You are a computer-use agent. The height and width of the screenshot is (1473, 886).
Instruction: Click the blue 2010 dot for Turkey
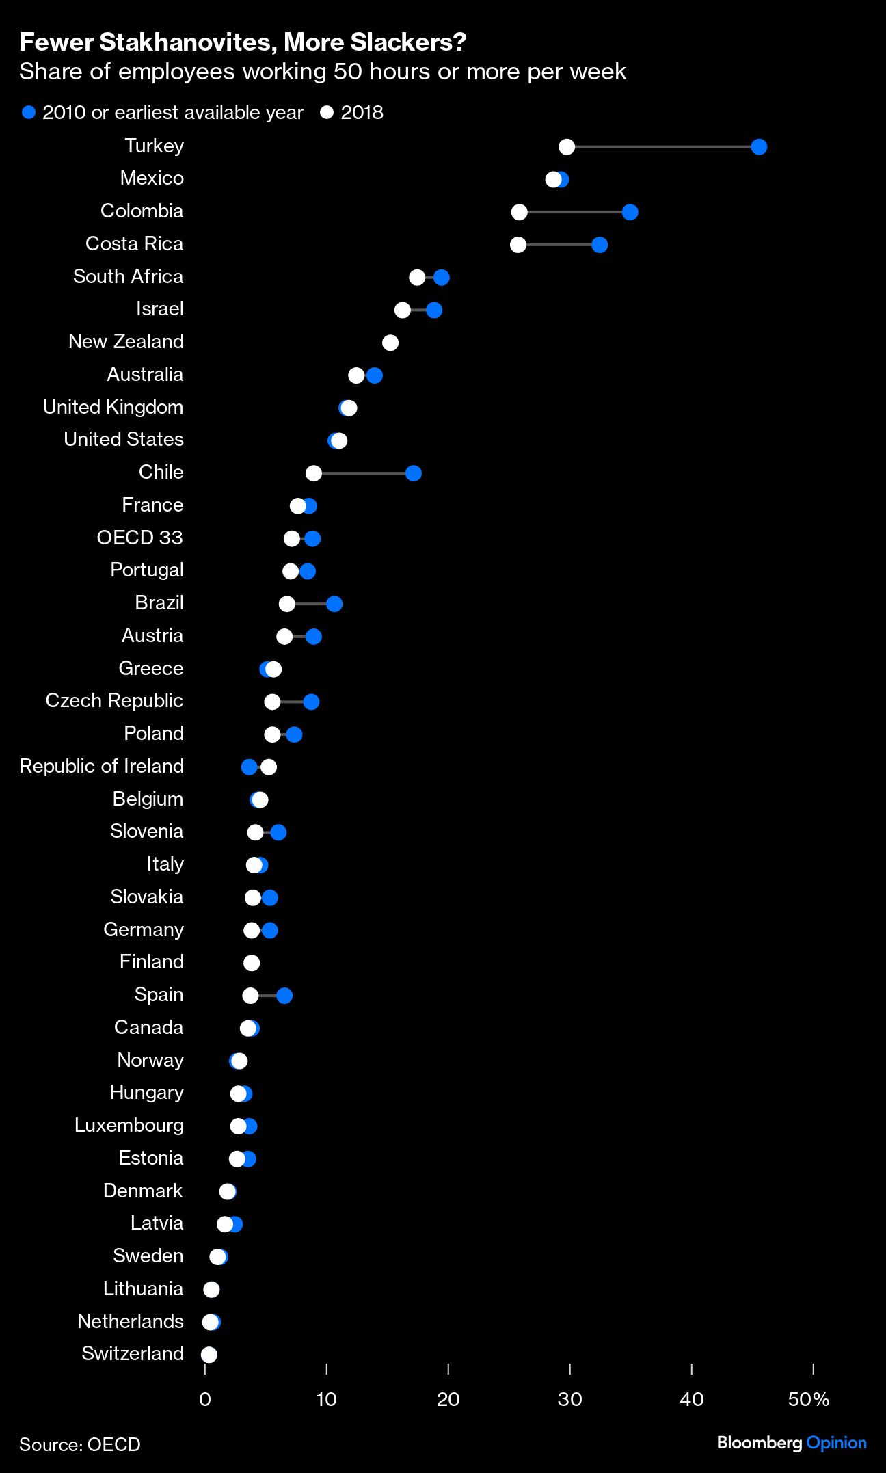pos(758,147)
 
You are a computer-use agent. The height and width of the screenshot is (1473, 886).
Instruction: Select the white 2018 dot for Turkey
pos(566,147)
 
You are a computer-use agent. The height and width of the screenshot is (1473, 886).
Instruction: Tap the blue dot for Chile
pos(413,473)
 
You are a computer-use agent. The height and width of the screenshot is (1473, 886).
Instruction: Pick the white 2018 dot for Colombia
pos(519,212)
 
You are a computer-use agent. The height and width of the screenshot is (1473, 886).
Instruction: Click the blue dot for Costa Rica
pos(599,245)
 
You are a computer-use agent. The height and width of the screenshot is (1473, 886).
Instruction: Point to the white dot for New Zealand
pos(390,343)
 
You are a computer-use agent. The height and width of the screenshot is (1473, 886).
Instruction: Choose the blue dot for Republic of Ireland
pos(250,767)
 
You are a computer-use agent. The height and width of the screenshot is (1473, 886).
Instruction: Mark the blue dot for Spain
pos(284,996)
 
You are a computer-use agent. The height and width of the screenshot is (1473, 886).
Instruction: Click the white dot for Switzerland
pos(209,1355)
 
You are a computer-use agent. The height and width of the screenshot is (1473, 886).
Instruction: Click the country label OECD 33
pos(139,538)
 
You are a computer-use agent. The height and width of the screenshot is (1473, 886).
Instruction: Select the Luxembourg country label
pos(129,1125)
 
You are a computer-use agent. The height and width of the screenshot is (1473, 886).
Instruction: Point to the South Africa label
pos(128,276)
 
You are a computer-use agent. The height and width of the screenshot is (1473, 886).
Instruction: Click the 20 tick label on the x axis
pos(448,1399)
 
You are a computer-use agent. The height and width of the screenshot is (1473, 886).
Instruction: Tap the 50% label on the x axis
pos(808,1399)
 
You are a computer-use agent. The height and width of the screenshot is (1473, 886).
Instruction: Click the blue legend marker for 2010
pos(29,112)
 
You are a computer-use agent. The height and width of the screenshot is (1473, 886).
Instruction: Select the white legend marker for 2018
pos(327,112)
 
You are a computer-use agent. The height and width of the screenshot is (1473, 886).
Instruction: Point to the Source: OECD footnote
pos(79,1444)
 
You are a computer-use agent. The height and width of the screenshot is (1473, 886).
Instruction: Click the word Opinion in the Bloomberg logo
pos(836,1443)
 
